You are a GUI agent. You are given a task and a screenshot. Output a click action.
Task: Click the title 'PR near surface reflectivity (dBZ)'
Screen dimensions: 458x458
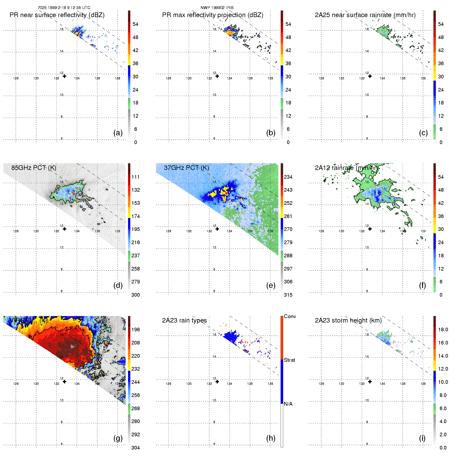tap(57, 15)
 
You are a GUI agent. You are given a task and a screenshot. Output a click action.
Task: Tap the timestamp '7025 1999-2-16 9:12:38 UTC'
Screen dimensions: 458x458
tap(64, 8)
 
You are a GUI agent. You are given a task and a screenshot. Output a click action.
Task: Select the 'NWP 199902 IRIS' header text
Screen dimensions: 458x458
tap(217, 8)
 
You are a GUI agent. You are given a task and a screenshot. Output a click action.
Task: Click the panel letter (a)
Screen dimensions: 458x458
tap(118, 133)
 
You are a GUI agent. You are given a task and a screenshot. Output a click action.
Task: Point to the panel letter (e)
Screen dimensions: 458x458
tap(271, 285)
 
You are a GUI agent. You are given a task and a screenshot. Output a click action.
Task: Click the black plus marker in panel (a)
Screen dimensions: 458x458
tap(64, 76)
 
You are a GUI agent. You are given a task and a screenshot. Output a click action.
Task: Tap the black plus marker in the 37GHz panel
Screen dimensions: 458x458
tap(217, 229)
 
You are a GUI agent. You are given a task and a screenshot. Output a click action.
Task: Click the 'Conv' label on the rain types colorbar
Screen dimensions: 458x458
tap(290, 316)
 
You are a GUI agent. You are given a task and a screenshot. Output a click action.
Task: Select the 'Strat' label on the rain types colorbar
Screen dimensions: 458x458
tap(289, 360)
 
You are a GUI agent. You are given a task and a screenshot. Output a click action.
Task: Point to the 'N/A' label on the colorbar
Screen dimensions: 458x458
tap(288, 404)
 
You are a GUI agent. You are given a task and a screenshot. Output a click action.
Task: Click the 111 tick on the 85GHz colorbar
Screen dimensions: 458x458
tap(136, 177)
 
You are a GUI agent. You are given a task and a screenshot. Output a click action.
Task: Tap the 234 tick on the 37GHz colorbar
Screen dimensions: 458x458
tap(288, 177)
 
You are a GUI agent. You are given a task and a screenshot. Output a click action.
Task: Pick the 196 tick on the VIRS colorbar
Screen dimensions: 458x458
tap(136, 329)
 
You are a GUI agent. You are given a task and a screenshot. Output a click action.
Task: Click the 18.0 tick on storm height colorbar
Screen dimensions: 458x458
tap(443, 329)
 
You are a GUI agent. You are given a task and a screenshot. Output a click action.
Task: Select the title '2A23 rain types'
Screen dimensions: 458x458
tap(184, 320)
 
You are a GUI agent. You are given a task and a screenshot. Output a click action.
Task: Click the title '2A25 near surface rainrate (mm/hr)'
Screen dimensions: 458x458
tap(365, 15)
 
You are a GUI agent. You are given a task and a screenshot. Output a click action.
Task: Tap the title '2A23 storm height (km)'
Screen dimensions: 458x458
tap(348, 320)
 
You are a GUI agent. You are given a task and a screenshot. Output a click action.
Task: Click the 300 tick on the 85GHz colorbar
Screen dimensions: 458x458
tap(136, 295)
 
